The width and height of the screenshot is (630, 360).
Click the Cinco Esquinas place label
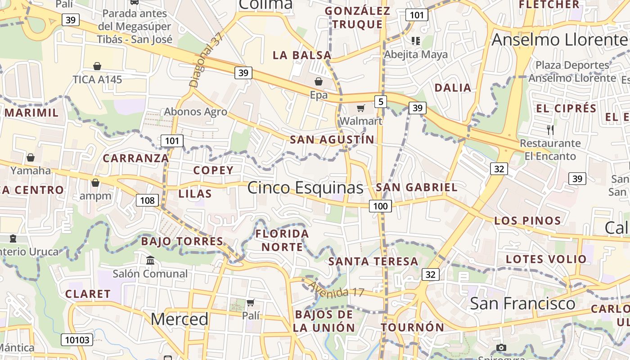tap(305, 188)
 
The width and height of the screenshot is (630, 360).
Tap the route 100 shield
tap(380, 207)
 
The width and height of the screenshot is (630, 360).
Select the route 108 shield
tap(148, 200)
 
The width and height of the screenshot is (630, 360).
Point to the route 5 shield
tap(381, 102)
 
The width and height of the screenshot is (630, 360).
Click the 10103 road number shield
tap(77, 340)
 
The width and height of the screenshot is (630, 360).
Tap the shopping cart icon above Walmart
tap(360, 108)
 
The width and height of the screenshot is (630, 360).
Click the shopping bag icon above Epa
tap(319, 81)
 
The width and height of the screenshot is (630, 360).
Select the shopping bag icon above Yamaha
tap(31, 157)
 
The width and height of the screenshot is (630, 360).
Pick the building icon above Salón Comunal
tap(150, 260)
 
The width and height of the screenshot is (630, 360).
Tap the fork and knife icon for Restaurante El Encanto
tap(550, 130)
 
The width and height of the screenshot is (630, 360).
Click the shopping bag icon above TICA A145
tap(97, 67)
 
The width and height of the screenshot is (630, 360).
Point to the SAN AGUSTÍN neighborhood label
tap(332, 140)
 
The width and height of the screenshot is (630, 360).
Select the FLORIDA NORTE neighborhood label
tap(282, 240)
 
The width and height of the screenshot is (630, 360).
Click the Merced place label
tap(180, 319)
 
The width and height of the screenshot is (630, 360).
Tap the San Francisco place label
tap(522, 303)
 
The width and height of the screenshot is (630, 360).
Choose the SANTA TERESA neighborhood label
tap(373, 261)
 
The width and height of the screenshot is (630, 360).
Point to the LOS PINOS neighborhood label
tap(527, 221)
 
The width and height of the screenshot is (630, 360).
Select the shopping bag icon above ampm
tap(95, 183)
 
